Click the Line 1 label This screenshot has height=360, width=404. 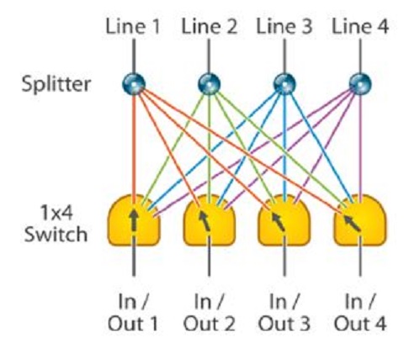click(x=133, y=26)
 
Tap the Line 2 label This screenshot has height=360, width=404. click(x=210, y=26)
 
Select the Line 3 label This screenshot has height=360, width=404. click(x=284, y=26)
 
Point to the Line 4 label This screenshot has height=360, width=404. click(x=360, y=26)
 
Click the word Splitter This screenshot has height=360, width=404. click(x=56, y=83)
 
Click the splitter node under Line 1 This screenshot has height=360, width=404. click(x=134, y=84)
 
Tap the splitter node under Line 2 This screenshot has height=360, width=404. click(x=209, y=84)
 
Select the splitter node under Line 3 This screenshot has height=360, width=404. click(x=284, y=84)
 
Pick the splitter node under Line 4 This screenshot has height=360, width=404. click(x=360, y=84)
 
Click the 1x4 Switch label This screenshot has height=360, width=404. click(x=56, y=224)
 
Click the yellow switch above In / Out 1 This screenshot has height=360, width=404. click(x=134, y=220)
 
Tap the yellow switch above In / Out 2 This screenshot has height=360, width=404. click(x=210, y=220)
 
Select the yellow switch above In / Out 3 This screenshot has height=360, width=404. click(x=284, y=220)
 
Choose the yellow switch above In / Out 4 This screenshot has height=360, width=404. click(x=360, y=220)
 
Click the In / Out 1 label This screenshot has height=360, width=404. click(x=133, y=312)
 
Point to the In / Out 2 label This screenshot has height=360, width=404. click(x=210, y=312)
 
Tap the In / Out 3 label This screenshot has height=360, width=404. click(x=284, y=312)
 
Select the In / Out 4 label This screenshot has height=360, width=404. click(x=360, y=312)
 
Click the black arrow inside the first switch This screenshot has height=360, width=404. click(x=134, y=220)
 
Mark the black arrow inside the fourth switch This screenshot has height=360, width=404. click(x=352, y=224)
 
